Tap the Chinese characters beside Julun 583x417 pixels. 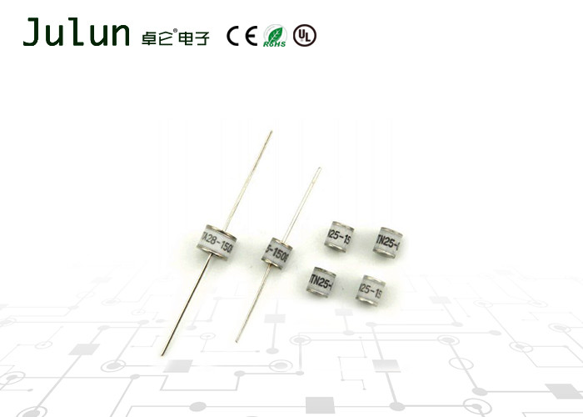coord(176,35)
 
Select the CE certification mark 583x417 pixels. coord(242,35)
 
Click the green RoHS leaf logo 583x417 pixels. coord(275,36)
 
